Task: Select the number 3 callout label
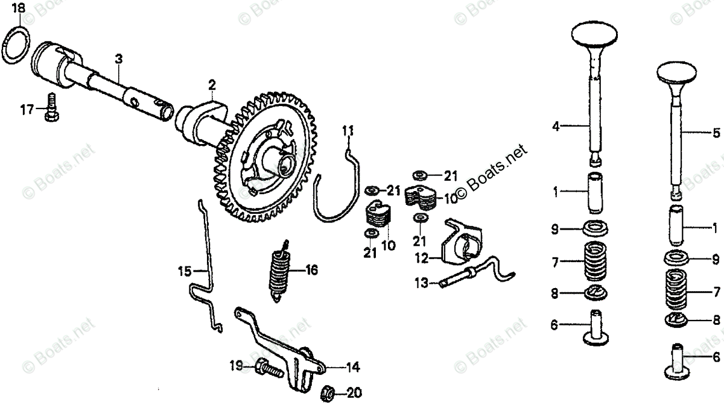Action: (x=119, y=58)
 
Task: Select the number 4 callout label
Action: (x=556, y=127)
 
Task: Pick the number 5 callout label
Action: (x=716, y=132)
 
